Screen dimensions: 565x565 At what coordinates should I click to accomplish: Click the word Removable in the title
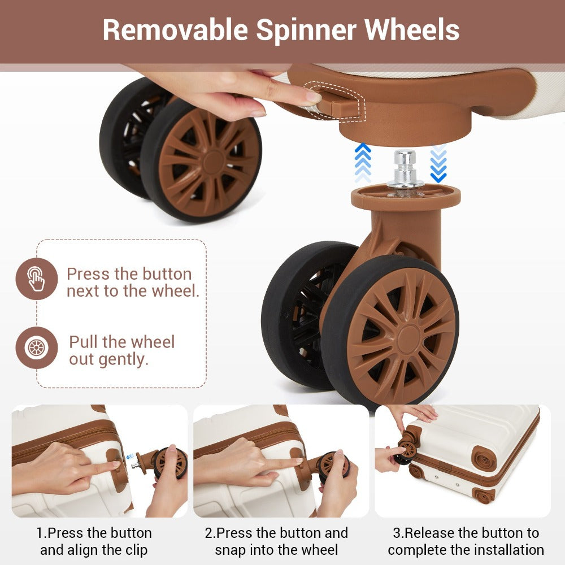tap(176, 29)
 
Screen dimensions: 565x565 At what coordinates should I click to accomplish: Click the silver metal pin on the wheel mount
tap(405, 168)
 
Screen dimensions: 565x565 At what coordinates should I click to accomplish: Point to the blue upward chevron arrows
tap(363, 163)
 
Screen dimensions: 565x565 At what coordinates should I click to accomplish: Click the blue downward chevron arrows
tap(438, 163)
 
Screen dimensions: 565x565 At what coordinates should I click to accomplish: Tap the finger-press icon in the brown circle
tap(36, 279)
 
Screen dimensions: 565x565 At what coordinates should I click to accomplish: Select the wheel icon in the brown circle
tap(36, 347)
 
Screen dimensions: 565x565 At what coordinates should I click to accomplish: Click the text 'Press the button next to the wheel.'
tap(133, 282)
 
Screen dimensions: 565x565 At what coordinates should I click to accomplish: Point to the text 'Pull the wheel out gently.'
tap(122, 350)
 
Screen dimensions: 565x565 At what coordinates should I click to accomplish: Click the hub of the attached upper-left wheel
tap(214, 162)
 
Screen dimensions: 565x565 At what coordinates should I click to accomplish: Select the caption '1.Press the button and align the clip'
tap(94, 541)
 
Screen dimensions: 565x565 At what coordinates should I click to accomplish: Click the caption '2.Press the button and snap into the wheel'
tap(276, 541)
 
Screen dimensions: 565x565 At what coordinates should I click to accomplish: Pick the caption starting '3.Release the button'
tap(466, 541)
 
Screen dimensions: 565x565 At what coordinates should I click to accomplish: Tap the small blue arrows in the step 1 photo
tap(130, 456)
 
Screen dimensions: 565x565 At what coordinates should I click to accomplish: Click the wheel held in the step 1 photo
tap(170, 463)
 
